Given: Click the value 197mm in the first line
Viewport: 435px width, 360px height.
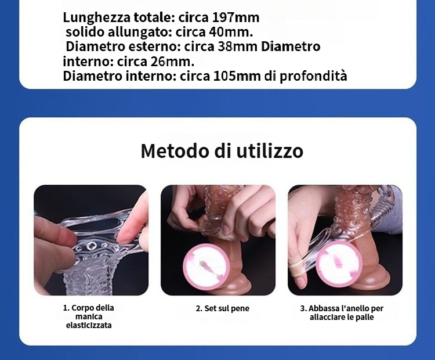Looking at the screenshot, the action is tap(235, 18).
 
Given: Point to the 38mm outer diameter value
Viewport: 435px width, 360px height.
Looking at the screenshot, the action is tap(237, 46).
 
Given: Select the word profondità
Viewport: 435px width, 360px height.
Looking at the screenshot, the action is tap(313, 77).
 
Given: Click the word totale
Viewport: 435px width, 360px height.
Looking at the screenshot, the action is tap(154, 18).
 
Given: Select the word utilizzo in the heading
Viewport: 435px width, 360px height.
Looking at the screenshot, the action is tap(270, 151).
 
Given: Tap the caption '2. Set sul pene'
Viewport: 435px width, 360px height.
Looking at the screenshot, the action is tap(223, 308).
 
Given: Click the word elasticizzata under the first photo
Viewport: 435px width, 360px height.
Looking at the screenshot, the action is tap(89, 325).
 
